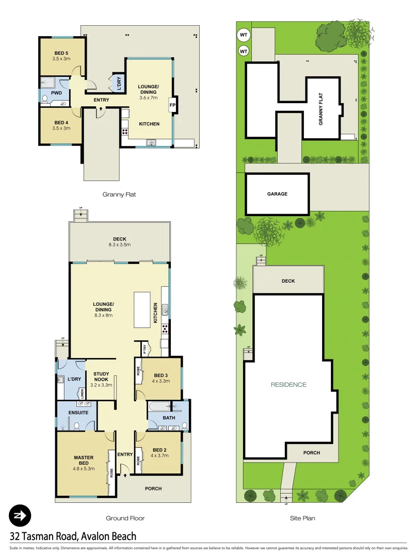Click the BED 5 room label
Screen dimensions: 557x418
[61, 53]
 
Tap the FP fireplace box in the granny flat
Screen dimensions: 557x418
[172, 105]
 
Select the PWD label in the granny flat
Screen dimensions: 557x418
[57, 93]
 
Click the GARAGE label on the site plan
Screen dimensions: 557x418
[277, 194]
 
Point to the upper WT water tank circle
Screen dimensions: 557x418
[244, 36]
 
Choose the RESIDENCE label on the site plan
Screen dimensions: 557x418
[288, 384]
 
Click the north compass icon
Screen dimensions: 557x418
[20, 515]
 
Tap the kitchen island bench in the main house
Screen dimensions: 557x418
[142, 309]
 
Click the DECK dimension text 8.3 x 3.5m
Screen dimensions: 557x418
[120, 245]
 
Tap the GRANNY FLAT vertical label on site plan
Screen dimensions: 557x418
[320, 108]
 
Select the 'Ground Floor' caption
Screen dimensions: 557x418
[125, 518]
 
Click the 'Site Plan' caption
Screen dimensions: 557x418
[302, 518]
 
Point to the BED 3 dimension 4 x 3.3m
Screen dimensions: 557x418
[161, 381]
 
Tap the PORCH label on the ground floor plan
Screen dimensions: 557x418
[153, 488]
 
